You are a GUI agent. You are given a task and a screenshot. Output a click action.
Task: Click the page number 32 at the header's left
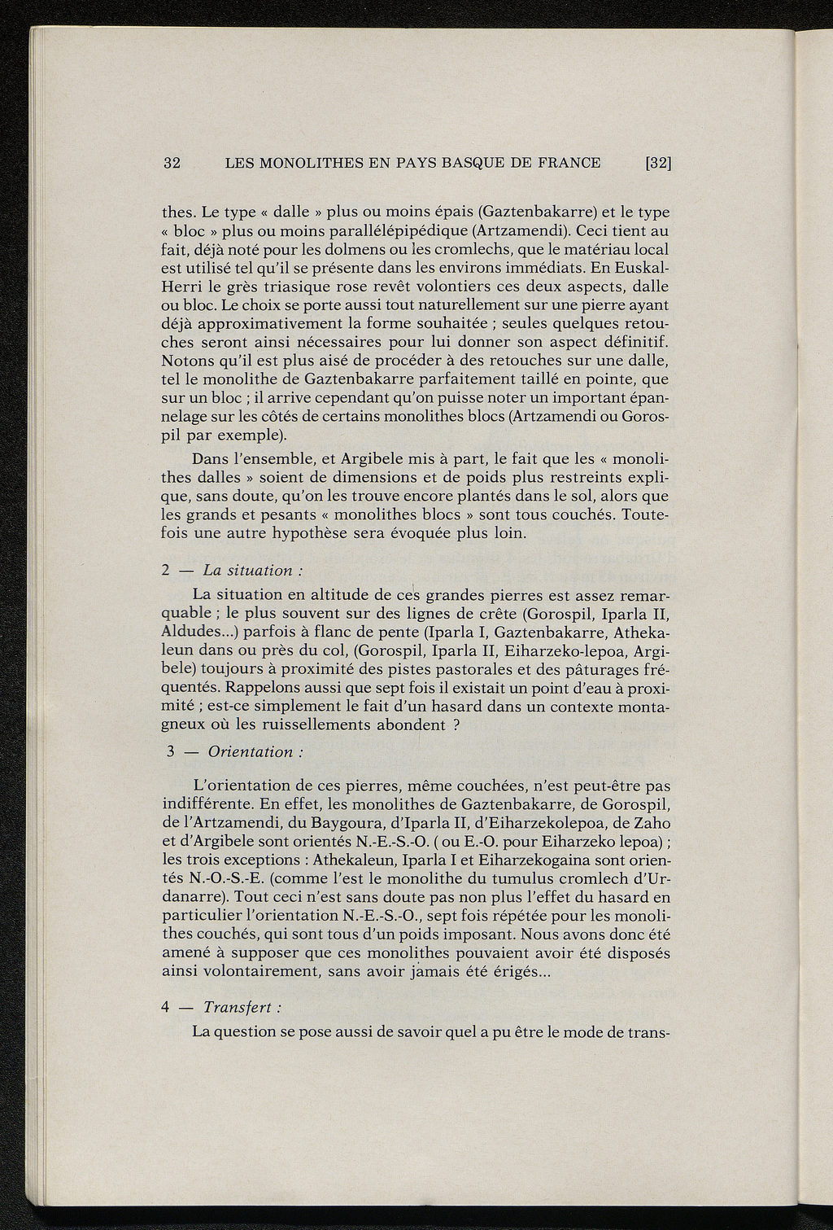[x=172, y=163]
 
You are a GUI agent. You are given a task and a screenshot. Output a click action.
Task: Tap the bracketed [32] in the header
[x=657, y=163]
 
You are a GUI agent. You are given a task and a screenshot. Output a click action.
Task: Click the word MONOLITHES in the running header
[x=312, y=163]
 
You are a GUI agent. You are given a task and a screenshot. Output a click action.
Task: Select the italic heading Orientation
[x=250, y=752]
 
